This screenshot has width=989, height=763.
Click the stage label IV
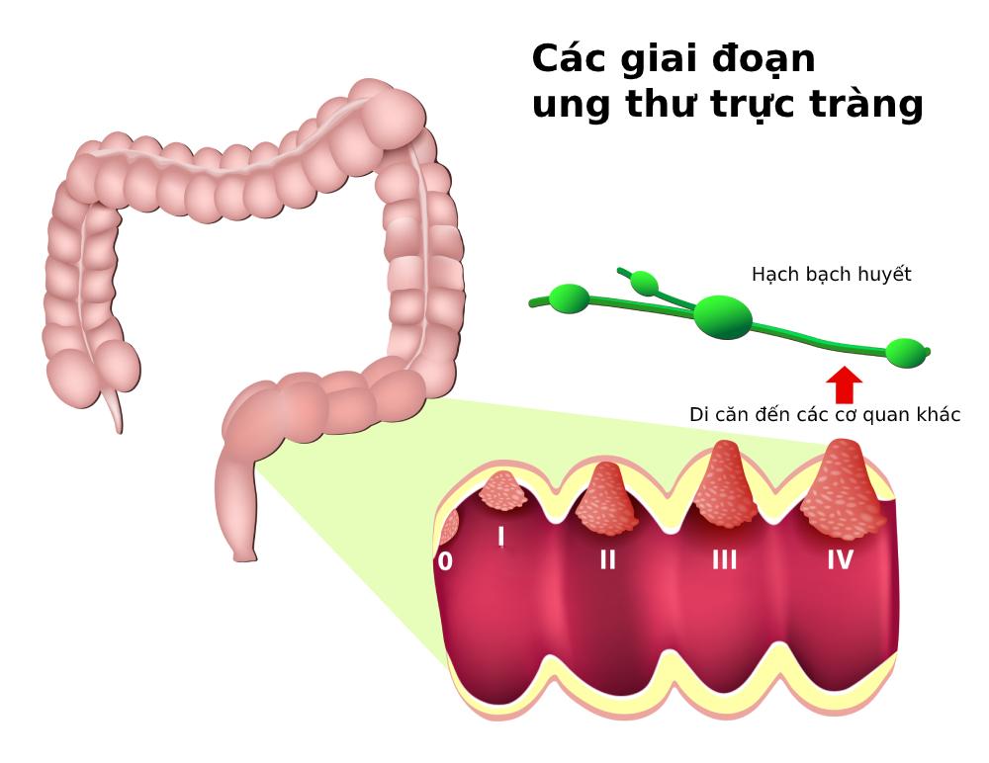[840, 560]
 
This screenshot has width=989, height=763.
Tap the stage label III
[724, 560]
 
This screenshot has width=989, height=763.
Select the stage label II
[607, 560]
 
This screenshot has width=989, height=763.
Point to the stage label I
[501, 537]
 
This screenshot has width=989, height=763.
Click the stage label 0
[445, 561]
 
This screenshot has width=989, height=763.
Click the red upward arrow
[844, 384]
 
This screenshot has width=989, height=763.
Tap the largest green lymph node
[723, 316]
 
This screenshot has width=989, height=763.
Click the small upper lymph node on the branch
[644, 285]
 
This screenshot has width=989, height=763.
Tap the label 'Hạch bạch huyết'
[831, 275]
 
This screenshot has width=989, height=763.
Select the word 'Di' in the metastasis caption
[700, 415]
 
